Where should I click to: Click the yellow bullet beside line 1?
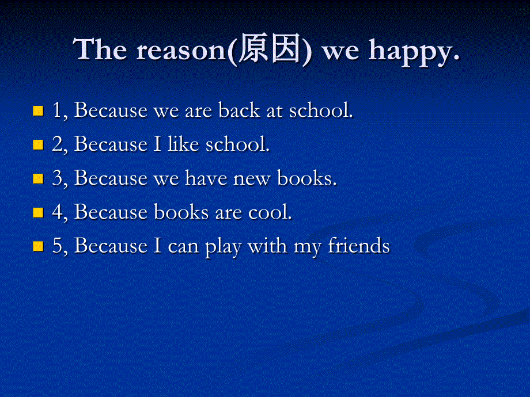39,110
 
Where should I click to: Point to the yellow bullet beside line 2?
39,144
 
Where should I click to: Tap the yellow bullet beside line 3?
39,178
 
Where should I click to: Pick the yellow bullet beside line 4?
39,212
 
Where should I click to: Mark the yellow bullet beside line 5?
39,246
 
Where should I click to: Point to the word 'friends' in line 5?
359,246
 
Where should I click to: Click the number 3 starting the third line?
56,178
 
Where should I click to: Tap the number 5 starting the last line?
56,246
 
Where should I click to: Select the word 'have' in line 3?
206,178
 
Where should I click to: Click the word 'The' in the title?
101,51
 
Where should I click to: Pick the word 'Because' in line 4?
111,212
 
